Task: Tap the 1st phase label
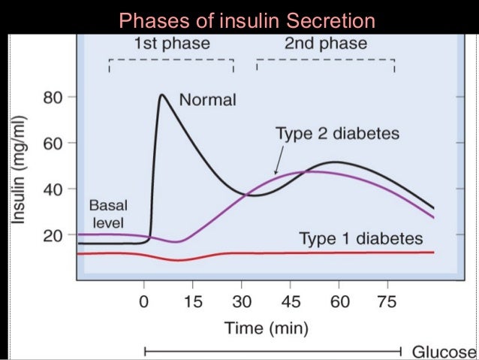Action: tap(171, 44)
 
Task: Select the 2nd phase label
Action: tap(325, 44)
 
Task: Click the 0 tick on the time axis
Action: tap(144, 303)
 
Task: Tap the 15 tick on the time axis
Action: tap(192, 303)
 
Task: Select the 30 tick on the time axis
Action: tap(242, 303)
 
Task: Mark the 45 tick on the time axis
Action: tap(291, 303)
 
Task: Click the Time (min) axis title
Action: tap(264, 328)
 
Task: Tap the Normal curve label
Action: tap(207, 99)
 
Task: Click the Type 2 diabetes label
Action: tap(337, 135)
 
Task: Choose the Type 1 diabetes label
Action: tap(361, 239)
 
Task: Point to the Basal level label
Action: tap(107, 213)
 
